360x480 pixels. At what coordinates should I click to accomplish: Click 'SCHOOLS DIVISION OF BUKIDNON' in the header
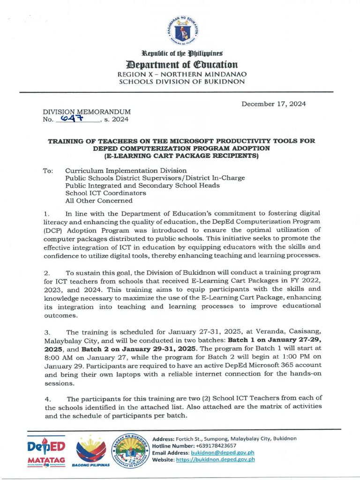coord(182,82)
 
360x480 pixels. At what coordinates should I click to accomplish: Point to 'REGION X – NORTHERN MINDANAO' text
coord(182,74)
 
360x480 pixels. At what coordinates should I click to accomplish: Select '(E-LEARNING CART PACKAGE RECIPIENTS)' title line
coord(181,156)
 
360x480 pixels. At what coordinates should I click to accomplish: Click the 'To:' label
coord(48,171)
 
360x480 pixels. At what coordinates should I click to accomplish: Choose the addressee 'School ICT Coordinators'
coord(105,193)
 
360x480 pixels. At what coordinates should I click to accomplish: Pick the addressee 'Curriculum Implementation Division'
coord(126,171)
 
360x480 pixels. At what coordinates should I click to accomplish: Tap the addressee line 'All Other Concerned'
coord(98,201)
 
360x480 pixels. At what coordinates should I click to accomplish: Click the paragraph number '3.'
coord(47,332)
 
